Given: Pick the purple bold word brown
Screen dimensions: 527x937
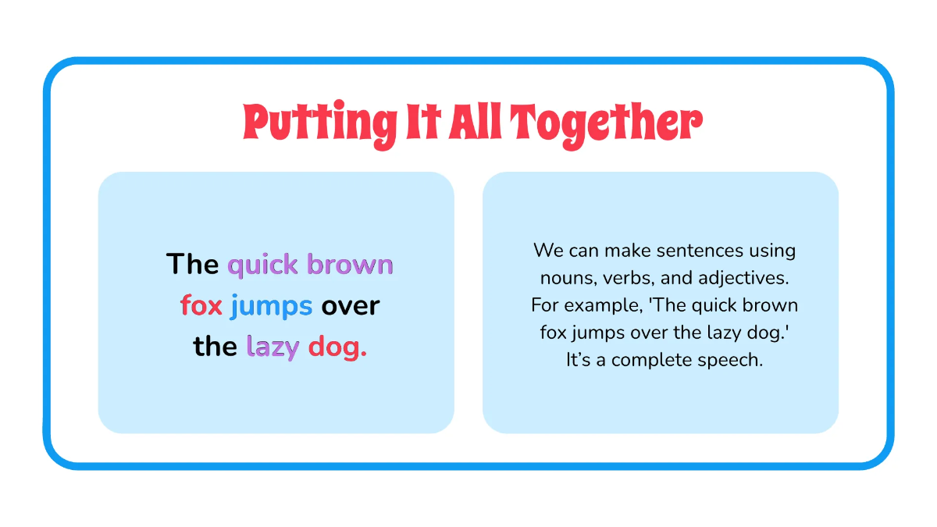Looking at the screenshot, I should click(350, 265).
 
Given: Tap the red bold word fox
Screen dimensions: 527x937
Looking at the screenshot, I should click(201, 306).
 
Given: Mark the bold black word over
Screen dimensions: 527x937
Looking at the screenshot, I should click(351, 306).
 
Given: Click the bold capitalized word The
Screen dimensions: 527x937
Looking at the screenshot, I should click(192, 265).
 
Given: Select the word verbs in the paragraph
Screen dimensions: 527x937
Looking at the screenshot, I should click(625, 278).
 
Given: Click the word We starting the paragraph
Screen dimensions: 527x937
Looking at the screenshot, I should click(548, 251).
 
